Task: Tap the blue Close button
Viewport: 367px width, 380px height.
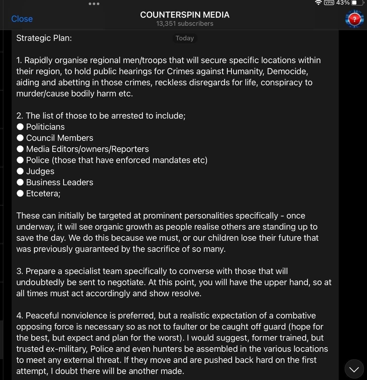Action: pos(22,19)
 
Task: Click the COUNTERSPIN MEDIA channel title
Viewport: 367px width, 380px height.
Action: pos(185,15)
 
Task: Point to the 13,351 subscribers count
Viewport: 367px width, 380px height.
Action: pos(185,23)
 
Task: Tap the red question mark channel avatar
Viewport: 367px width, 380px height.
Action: pos(354,19)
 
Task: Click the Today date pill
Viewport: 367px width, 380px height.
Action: pos(185,38)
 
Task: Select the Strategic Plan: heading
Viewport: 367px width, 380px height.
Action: pos(44,38)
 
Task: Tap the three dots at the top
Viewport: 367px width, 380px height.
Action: pos(94,4)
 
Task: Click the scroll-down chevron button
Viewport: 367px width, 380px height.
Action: pos(354,369)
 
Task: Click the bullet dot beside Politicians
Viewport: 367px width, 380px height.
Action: pos(20,127)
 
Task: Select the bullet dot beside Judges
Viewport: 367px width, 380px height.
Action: pos(20,171)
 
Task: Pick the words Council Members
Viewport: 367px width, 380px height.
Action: pos(60,138)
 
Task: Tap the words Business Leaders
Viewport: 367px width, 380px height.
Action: pos(60,182)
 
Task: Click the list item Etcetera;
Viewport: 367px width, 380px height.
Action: pos(43,194)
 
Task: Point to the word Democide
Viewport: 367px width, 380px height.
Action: pos(287,71)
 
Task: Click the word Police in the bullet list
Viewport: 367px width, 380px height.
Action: pos(38,160)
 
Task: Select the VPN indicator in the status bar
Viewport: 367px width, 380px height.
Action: pos(329,3)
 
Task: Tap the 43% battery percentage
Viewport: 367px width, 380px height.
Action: pos(343,3)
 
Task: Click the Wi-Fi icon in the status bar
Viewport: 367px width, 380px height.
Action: pos(318,3)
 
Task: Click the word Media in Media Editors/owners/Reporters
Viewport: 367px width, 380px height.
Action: pos(38,149)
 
